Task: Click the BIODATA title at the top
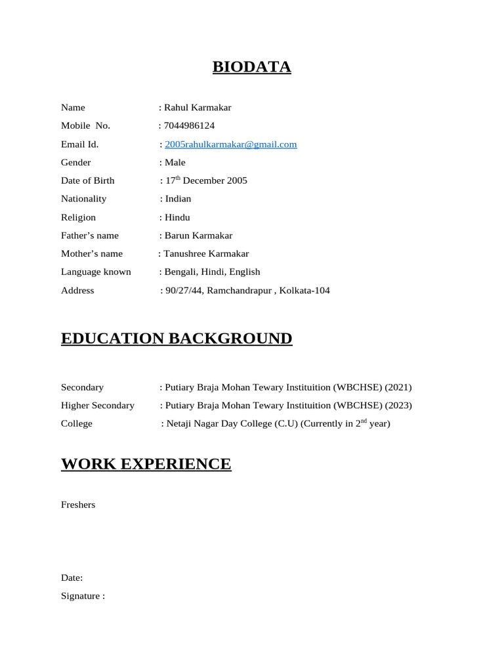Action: (x=251, y=67)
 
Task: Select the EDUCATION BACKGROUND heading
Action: (x=177, y=339)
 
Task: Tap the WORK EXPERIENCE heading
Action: (x=146, y=465)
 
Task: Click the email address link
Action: (x=230, y=144)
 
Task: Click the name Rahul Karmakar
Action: (x=197, y=108)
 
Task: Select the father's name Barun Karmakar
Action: (x=198, y=236)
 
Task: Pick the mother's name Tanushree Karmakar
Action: (x=206, y=254)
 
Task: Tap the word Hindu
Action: (x=177, y=217)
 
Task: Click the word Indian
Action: (x=178, y=199)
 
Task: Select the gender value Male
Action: (x=175, y=163)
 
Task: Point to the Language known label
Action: (x=96, y=272)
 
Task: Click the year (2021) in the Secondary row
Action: (x=399, y=387)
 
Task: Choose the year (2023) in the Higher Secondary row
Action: (x=399, y=406)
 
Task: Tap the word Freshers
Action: (x=78, y=505)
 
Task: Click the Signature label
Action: (x=83, y=596)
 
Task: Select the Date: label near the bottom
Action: (x=72, y=578)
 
